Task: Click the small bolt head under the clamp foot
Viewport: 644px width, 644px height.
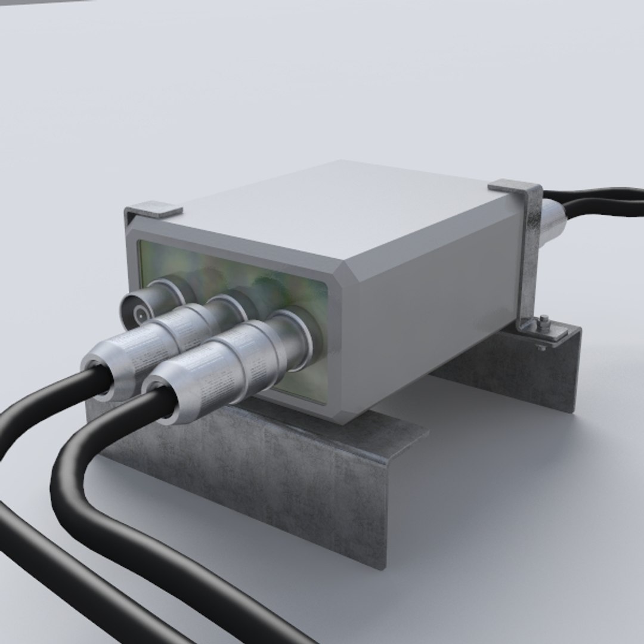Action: click(541, 346)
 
